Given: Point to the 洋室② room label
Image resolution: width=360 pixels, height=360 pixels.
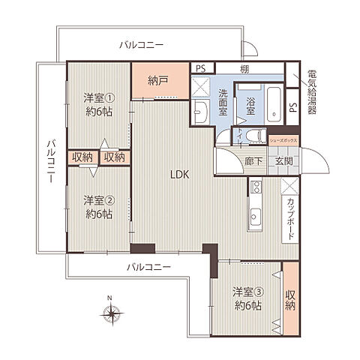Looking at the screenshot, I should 98,206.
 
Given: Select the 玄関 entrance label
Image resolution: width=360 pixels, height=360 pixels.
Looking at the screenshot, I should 283,160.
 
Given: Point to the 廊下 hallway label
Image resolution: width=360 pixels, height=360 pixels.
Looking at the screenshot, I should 253,160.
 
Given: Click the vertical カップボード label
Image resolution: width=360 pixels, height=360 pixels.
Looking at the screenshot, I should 290,218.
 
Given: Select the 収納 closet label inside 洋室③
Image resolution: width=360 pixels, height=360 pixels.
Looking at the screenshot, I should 291,299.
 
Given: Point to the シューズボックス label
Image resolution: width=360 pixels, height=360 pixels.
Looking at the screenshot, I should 284,141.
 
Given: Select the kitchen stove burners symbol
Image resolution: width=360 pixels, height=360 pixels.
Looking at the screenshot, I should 255,187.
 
